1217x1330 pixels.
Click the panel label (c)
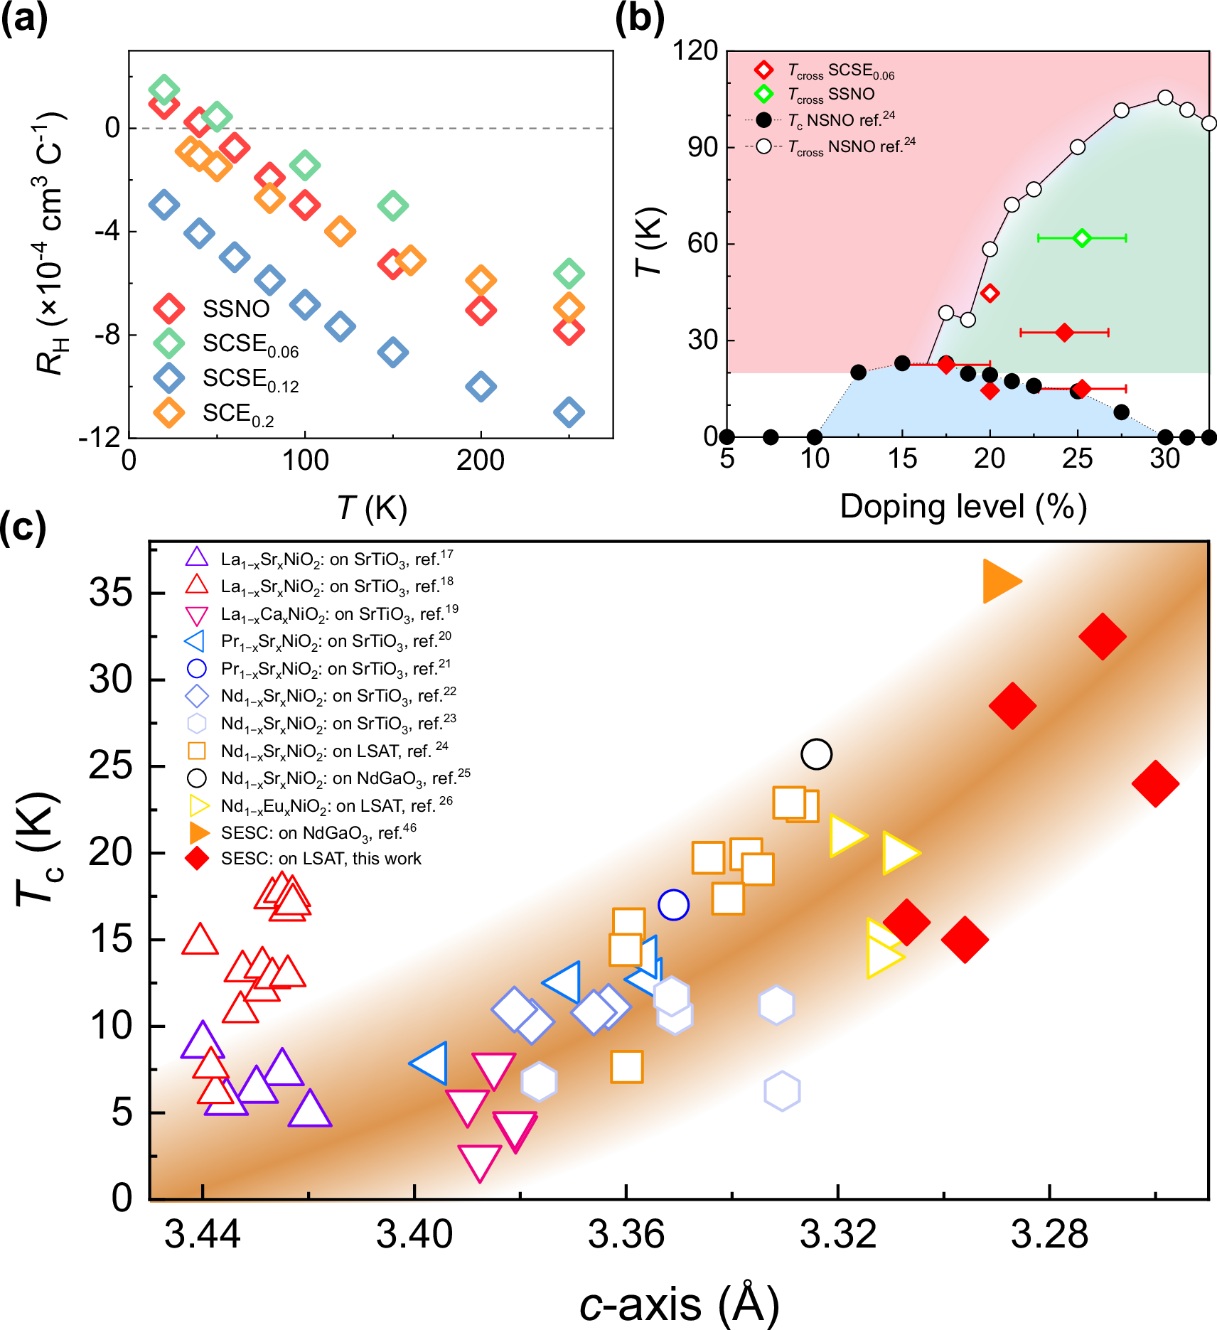[23, 527]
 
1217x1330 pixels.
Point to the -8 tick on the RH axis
[107, 335]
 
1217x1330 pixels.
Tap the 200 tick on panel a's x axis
[481, 461]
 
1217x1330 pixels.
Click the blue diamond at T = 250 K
[569, 412]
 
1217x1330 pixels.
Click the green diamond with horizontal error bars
[1081, 237]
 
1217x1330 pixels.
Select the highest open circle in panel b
[1164, 97]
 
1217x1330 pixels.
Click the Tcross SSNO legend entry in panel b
[830, 94]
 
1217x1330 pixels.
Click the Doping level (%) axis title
[963, 508]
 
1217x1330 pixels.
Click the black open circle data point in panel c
[816, 754]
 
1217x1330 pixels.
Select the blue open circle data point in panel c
[673, 905]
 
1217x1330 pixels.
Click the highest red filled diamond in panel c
[1102, 636]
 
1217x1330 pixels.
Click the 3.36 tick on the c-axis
[626, 1235]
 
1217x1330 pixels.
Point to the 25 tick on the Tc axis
[112, 766]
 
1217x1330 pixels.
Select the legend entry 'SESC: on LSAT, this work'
[320, 859]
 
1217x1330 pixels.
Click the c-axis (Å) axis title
[679, 1304]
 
